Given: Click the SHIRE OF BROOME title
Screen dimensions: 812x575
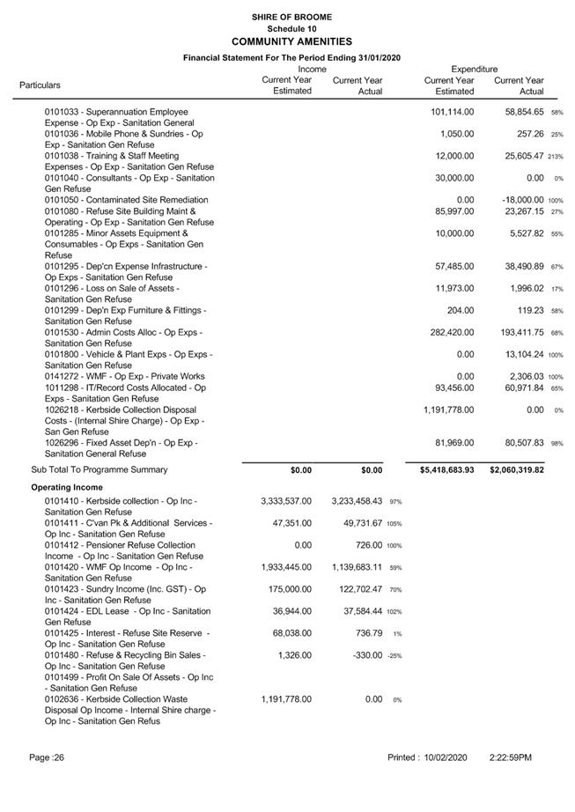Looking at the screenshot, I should click(291, 17).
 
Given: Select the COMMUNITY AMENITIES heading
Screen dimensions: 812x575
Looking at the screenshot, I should click(291, 41).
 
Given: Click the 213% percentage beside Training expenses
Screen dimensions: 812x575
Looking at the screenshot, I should click(555, 157).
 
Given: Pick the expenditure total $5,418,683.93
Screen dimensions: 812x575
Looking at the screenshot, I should click(446, 470).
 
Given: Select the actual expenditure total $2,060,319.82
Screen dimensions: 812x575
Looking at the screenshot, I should click(517, 470).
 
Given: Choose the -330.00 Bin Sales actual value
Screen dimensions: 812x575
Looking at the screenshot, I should click(365, 655).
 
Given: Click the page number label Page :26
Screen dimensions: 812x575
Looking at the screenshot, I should click(47, 757).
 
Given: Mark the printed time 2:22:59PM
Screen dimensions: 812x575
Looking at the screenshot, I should click(511, 757).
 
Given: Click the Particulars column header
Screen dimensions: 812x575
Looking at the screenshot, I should click(41, 85).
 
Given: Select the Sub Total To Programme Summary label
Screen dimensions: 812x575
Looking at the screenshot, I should click(99, 470).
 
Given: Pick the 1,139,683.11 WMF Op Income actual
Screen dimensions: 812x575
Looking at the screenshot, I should click(358, 567).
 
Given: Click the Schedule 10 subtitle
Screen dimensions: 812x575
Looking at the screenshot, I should click(291, 29).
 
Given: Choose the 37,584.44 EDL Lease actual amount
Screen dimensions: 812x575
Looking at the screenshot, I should click(358, 611).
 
